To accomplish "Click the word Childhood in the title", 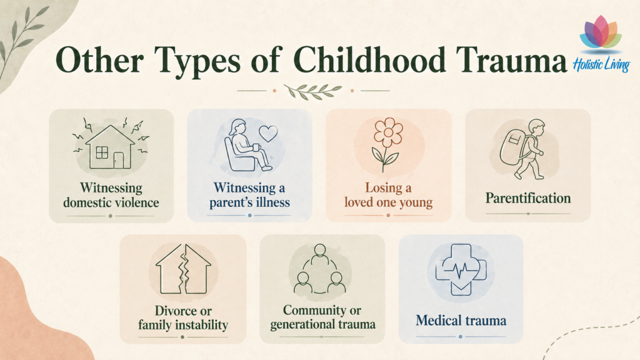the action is [369, 60].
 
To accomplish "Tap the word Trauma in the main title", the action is [511, 60].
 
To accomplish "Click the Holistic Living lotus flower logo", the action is [601, 34].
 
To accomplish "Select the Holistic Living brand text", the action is [601, 65].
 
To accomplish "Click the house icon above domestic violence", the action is [110, 147].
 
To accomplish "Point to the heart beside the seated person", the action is [268, 133].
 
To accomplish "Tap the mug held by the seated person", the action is [256, 147].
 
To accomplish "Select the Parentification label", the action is [527, 198].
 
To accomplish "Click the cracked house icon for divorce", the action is [183, 269].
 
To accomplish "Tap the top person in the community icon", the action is [320, 254].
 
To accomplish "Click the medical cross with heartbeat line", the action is [461, 269].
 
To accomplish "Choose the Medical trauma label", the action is [461, 321].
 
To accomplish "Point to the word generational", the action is [304, 324].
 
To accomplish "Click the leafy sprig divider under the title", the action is [313, 91].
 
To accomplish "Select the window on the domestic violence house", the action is [102, 152].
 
